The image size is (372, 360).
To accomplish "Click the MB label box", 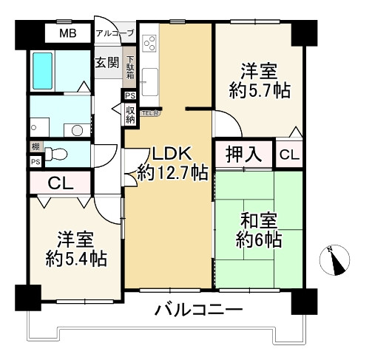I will pyautogui.click(x=67, y=33).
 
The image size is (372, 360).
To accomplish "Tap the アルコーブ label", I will pyautogui.click(x=114, y=33).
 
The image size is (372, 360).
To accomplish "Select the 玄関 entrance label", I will pyautogui.click(x=106, y=62).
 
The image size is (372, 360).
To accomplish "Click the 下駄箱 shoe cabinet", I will pyautogui.click(x=130, y=67).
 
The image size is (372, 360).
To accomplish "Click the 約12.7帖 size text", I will pyautogui.click(x=172, y=174).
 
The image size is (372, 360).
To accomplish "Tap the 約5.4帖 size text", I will pyautogui.click(x=75, y=259).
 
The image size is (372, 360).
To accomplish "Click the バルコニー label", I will pyautogui.click(x=197, y=309).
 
